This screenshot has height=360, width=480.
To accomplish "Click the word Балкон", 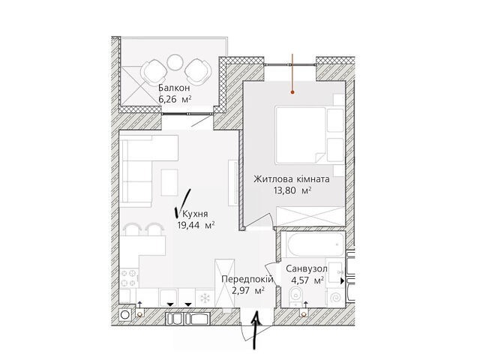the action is coord(174,88).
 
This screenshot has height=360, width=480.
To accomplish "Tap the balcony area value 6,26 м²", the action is coord(175,99).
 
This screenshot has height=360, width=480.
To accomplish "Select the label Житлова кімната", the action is coord(292,178).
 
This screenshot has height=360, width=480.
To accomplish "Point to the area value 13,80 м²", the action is coord(292,190).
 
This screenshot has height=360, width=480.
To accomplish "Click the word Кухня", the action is coord(195,214).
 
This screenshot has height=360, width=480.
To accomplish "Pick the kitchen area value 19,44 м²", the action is coord(196,225).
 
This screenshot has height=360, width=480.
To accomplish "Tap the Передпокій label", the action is coord(247,279).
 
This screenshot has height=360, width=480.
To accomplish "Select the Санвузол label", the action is coord(307,268).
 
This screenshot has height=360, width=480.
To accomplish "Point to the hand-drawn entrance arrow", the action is coord(256,330).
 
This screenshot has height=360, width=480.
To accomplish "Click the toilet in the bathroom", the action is coord(295,296).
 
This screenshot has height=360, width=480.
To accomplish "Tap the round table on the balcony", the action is coord(175,62).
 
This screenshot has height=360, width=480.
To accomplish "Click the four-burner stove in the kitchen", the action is coord(129,278).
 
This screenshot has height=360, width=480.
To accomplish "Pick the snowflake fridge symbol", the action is coord(204,298).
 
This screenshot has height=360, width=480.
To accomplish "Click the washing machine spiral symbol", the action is coord(336,297).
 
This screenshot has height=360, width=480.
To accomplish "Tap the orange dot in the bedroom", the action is coord(292,91).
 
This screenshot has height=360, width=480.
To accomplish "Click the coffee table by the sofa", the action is coord(169,182).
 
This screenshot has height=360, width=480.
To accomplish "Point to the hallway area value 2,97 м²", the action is coord(248,290).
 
